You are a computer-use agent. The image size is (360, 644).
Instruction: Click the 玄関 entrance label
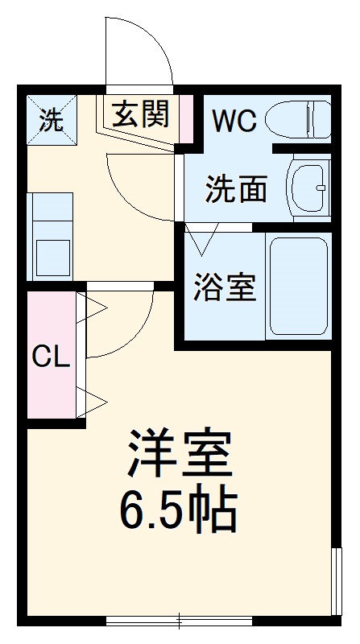click(140, 115)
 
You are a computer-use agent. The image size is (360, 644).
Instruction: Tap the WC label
click(234, 121)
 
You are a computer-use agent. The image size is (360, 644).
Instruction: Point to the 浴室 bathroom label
click(225, 287)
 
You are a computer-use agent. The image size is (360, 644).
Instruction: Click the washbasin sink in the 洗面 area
click(308, 188)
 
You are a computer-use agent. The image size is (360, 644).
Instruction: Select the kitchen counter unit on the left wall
click(52, 236)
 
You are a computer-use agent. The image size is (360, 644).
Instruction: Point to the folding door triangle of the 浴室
click(202, 239)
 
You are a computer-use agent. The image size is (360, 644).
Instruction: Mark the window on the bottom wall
click(179, 620)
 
